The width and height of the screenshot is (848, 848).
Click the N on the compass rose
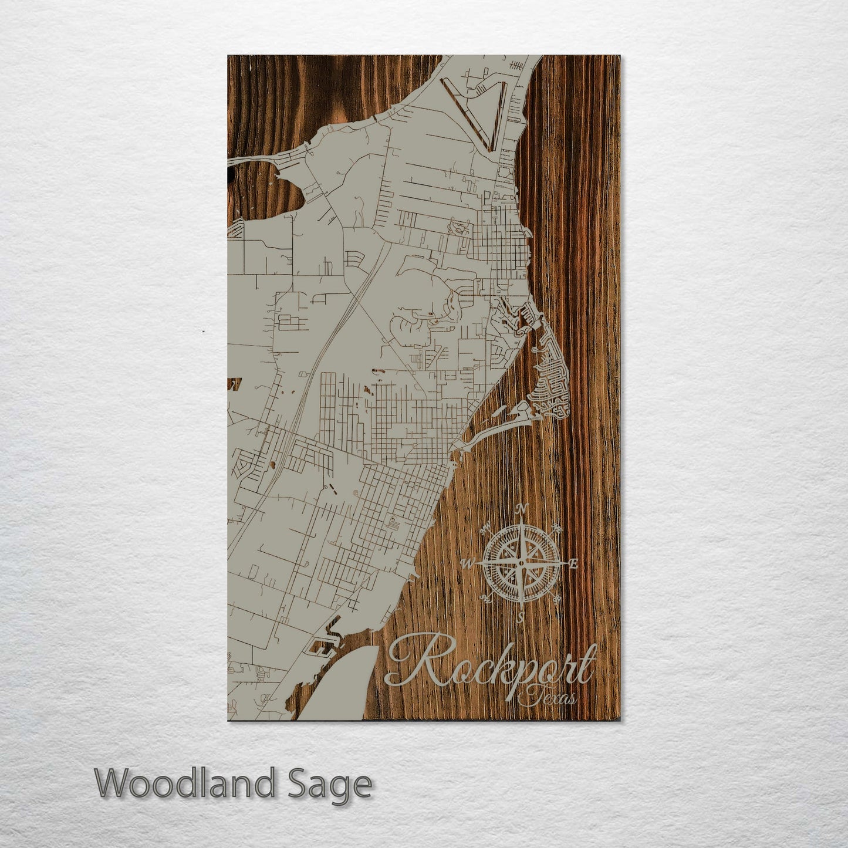[525, 508]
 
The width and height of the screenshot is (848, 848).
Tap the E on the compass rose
[573, 564]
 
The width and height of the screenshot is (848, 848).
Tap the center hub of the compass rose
[521, 563]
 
